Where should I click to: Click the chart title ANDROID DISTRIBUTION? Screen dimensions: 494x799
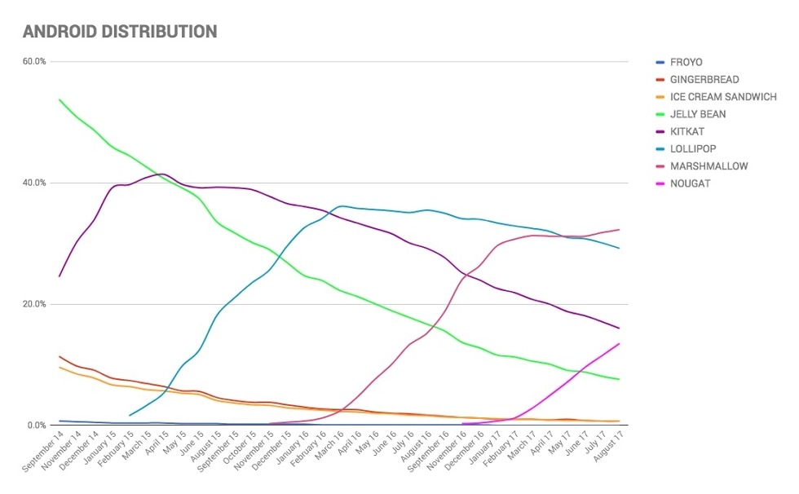(119, 32)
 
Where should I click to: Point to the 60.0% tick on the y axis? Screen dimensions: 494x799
(35, 61)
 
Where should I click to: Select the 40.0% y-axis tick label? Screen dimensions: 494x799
(35, 183)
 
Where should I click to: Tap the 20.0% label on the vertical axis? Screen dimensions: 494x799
(35, 304)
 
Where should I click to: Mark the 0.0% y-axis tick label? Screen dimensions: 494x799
(38, 426)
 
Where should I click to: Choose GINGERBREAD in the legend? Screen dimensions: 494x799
(704, 79)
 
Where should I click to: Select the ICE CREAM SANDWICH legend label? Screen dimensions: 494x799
(723, 97)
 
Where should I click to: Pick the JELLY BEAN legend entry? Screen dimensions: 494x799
(698, 114)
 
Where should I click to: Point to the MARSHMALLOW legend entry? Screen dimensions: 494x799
(709, 166)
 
